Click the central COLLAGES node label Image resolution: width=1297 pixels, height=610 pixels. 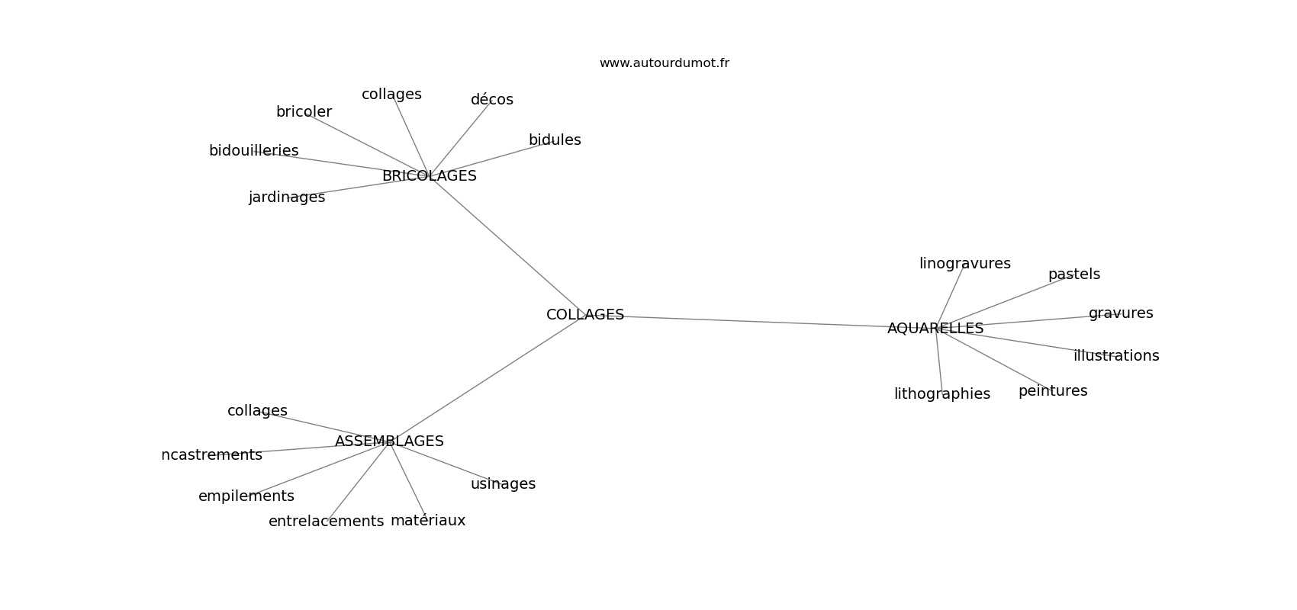coord(585,315)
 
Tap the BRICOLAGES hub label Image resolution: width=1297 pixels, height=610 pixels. coord(429,176)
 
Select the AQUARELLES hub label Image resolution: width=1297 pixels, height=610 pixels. coord(935,329)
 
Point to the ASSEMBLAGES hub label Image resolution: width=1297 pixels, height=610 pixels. coord(389,441)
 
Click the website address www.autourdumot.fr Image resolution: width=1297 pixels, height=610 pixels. coord(664,63)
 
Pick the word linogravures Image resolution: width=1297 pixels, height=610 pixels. coord(964,264)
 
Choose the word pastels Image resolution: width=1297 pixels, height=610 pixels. coord(1073,274)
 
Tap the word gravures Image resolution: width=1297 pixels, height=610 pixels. coord(1120,313)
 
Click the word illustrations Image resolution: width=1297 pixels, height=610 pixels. coord(1115,356)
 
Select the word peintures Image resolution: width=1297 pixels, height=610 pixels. coord(1052,391)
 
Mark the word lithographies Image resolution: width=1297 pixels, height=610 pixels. coord(941,394)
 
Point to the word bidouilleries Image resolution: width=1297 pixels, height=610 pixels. coord(253,151)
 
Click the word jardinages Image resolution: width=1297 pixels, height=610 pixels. coord(286,197)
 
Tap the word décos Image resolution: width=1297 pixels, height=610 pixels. coord(491,100)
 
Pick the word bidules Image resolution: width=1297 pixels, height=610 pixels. coord(555,140)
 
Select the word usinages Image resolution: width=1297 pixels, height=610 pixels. coord(503,484)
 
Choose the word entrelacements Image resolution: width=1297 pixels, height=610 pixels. coord(326,522)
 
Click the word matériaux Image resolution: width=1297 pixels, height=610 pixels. coord(427,521)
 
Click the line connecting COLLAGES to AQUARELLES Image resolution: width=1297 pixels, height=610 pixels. coord(755,321)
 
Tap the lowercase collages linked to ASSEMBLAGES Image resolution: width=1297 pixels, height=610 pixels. coord(257,411)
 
